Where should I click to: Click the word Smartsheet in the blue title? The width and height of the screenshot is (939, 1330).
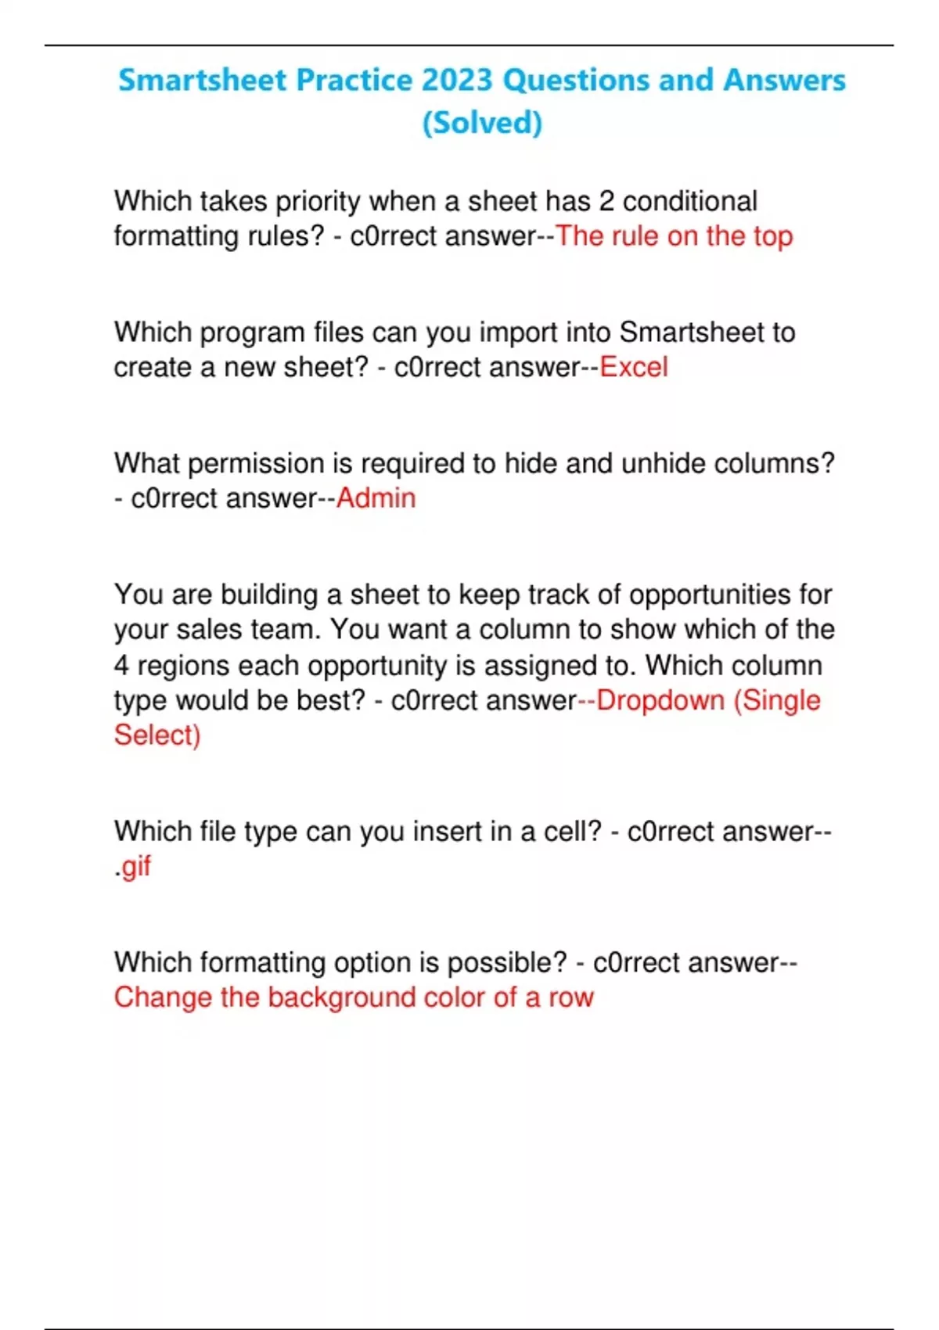pyautogui.click(x=202, y=81)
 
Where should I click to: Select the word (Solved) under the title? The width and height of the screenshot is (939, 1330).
pyautogui.click(x=482, y=123)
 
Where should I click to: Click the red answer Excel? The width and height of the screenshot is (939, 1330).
pyautogui.click(x=634, y=367)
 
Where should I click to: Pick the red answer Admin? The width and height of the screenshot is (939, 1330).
pyautogui.click(x=376, y=498)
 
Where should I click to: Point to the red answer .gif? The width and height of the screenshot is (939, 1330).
pyautogui.click(x=133, y=867)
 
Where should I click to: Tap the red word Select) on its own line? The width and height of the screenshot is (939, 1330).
pyautogui.click(x=157, y=735)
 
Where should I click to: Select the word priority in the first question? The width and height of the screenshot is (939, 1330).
pyautogui.click(x=318, y=201)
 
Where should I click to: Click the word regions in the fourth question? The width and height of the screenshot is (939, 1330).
pyautogui.click(x=183, y=665)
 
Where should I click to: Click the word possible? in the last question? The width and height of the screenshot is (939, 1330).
pyautogui.click(x=506, y=962)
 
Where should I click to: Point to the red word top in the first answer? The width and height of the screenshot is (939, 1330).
pyautogui.click(x=773, y=236)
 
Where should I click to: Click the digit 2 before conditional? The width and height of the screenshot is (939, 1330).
pyautogui.click(x=606, y=201)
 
